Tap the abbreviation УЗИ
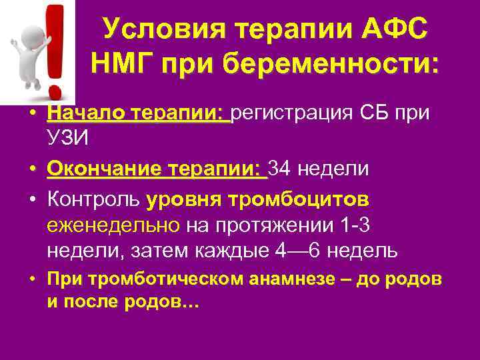(x=69, y=140)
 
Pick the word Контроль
(x=93, y=199)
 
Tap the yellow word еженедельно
(x=113, y=225)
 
